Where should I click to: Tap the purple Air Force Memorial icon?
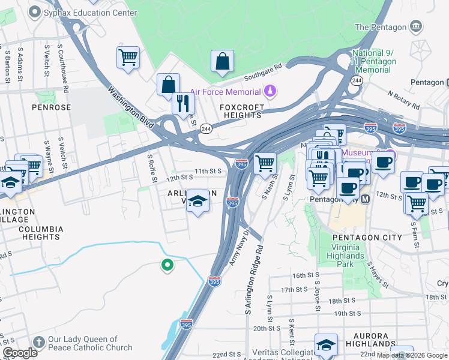(x=270, y=91)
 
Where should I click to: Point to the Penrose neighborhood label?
(x=52, y=107)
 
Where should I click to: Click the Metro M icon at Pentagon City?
(x=366, y=198)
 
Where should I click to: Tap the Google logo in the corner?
(x=19, y=352)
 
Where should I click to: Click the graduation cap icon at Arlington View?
(x=197, y=202)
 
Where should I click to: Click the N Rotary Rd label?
(x=403, y=100)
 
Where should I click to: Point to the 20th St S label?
(x=267, y=328)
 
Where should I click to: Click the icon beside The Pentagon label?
(x=415, y=26)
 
